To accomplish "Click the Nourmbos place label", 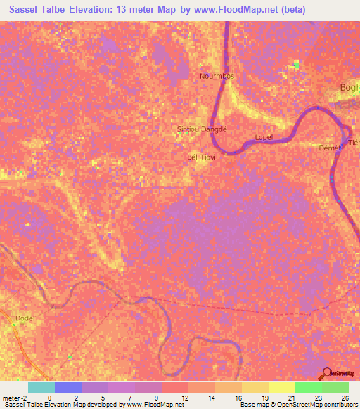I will point(217,76).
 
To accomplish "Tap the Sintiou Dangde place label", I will point(202,129).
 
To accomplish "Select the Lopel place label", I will point(263,137).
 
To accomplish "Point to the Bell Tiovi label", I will point(201,157).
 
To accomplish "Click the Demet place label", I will point(330,148).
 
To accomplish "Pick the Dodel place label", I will point(24,318).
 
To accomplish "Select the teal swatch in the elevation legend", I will point(41,387).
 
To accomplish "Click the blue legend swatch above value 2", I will point(68,387).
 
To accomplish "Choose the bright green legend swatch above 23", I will point(309,387).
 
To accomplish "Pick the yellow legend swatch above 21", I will point(282,387).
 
